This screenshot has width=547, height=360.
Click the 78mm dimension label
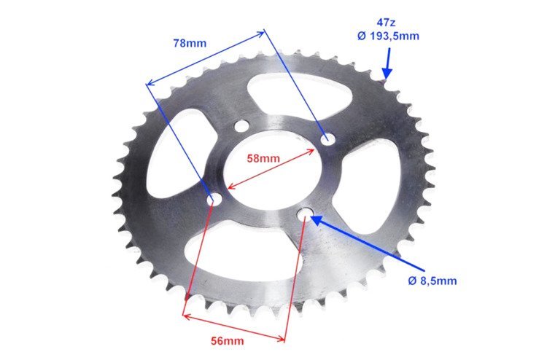click(190, 43)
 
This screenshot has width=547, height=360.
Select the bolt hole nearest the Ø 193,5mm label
click(327, 138)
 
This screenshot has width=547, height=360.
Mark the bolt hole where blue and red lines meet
click(214, 199)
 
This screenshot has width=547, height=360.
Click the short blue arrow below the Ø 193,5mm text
click(387, 64)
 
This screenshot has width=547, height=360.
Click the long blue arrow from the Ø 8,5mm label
click(365, 245)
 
